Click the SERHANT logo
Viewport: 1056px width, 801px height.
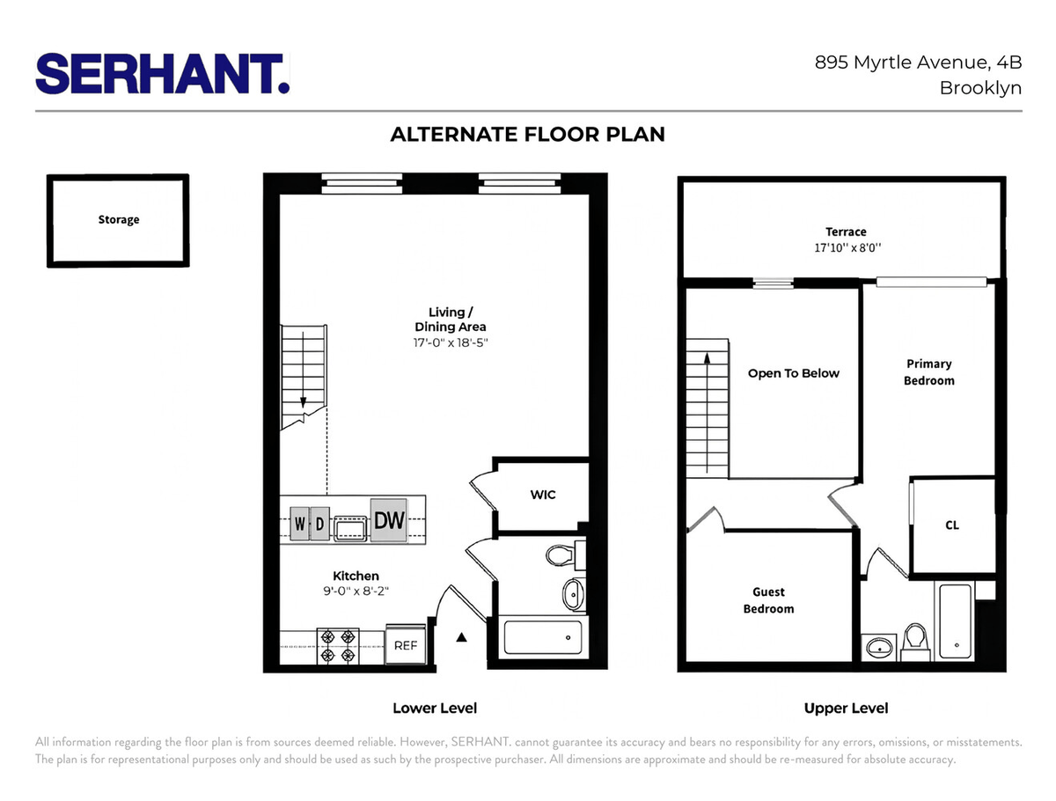pos(162,74)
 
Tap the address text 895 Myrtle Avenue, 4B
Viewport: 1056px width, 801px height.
pos(918,62)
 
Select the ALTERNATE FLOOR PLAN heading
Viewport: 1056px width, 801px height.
pos(527,134)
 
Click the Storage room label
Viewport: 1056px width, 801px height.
pos(119,219)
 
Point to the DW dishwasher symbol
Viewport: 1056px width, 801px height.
pos(389,520)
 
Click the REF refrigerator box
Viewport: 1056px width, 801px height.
pos(406,645)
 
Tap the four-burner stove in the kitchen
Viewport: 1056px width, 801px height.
pos(338,646)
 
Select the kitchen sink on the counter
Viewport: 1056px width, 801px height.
pos(350,529)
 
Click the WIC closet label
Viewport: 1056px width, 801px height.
pos(543,495)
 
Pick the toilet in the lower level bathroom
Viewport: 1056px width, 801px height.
pos(563,555)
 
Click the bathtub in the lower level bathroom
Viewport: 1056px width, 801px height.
pos(543,637)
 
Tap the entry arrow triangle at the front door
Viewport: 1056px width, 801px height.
pos(461,637)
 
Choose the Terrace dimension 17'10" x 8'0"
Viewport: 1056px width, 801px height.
pos(847,247)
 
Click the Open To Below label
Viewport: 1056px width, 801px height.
pos(794,373)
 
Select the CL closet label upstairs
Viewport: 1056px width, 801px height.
pos(952,525)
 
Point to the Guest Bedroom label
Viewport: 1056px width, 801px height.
pos(769,600)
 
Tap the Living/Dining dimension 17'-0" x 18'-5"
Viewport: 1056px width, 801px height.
pos(451,342)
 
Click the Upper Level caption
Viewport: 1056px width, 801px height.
pos(846,709)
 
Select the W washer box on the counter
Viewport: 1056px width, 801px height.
pos(300,523)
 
